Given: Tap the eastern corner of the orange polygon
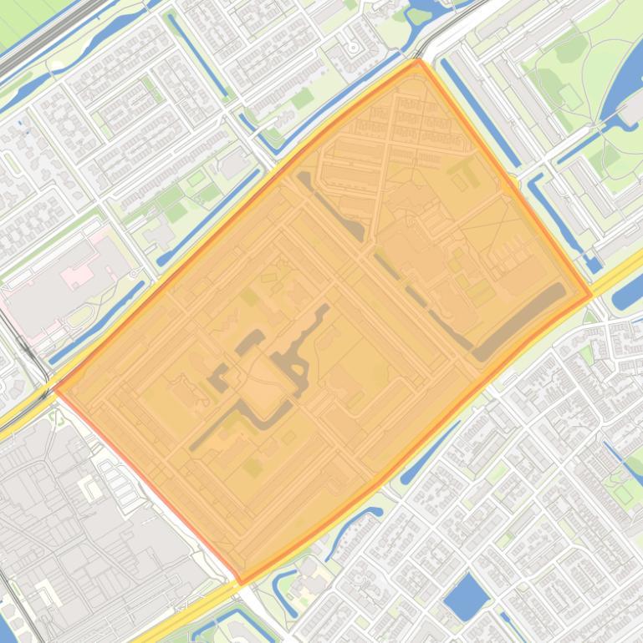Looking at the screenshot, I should (591, 295).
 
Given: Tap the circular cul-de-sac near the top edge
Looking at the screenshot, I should (354, 48).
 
